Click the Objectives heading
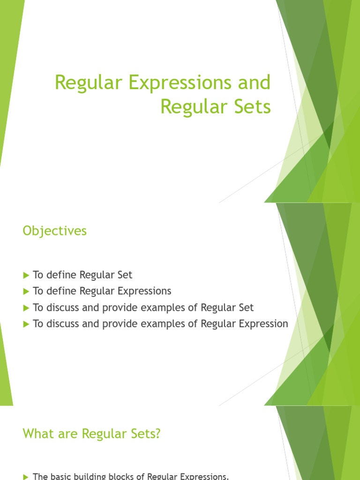tap(55, 231)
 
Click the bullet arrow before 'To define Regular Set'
tap(26, 275)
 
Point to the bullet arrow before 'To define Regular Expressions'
tap(26, 292)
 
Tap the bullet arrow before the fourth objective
tap(26, 324)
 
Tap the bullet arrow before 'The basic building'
tap(26, 477)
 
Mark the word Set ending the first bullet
tap(125, 275)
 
